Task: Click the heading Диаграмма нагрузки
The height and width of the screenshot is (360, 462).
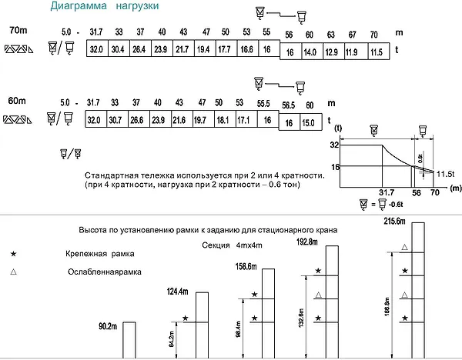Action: coord(104,6)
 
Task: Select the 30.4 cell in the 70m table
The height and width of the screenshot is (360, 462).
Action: coord(119,48)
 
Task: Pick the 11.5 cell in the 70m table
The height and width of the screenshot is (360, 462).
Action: coord(379,52)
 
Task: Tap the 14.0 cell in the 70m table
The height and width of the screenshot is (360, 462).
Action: coord(312,52)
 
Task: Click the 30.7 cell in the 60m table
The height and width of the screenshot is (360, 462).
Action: coord(117,119)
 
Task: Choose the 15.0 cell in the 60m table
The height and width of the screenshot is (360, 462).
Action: coord(311,122)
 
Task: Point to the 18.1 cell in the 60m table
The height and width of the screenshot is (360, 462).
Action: coord(225,119)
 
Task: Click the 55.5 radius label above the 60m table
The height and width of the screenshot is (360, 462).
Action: coord(263,103)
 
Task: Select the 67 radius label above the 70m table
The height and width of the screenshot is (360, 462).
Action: coord(353,35)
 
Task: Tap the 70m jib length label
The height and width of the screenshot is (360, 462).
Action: coord(18,30)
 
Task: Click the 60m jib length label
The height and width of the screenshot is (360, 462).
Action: coord(17,101)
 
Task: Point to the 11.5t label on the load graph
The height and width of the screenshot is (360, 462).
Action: coord(445,174)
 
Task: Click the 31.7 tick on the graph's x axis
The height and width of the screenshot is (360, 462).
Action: coord(387,192)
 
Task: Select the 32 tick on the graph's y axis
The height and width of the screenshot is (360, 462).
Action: coord(334,145)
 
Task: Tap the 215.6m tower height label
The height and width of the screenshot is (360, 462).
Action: coord(394,221)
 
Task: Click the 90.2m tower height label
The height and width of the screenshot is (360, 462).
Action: coord(108,326)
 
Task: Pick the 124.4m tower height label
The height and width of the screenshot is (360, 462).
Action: coord(177,292)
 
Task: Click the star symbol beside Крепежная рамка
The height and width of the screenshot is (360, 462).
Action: coord(13,254)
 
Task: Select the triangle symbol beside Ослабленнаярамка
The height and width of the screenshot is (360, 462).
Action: coord(13,272)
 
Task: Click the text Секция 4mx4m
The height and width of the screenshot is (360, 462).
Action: coord(232,245)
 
